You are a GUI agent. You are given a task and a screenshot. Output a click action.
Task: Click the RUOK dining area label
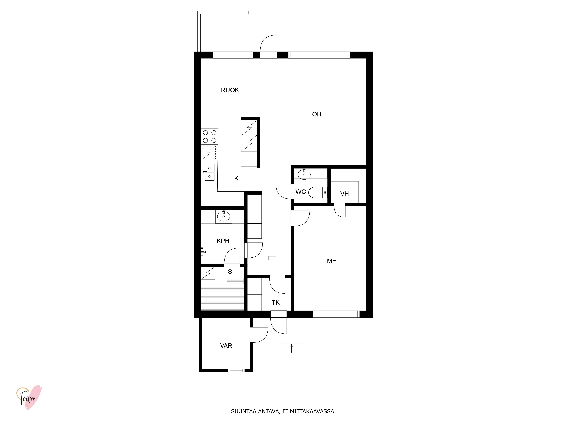(x=230, y=90)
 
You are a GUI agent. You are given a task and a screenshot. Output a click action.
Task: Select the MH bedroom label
(x=332, y=261)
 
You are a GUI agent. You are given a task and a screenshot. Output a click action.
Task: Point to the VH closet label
(x=344, y=194)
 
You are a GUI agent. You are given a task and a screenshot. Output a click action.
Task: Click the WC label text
(x=301, y=192)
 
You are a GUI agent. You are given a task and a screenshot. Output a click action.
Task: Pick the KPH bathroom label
(x=223, y=241)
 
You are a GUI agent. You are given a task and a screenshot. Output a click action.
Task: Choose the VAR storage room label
(x=226, y=346)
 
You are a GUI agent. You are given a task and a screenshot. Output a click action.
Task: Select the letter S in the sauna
(x=230, y=272)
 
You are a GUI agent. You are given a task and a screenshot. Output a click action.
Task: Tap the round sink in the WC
(x=304, y=174)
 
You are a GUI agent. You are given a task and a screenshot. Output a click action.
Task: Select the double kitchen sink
(x=209, y=172)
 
